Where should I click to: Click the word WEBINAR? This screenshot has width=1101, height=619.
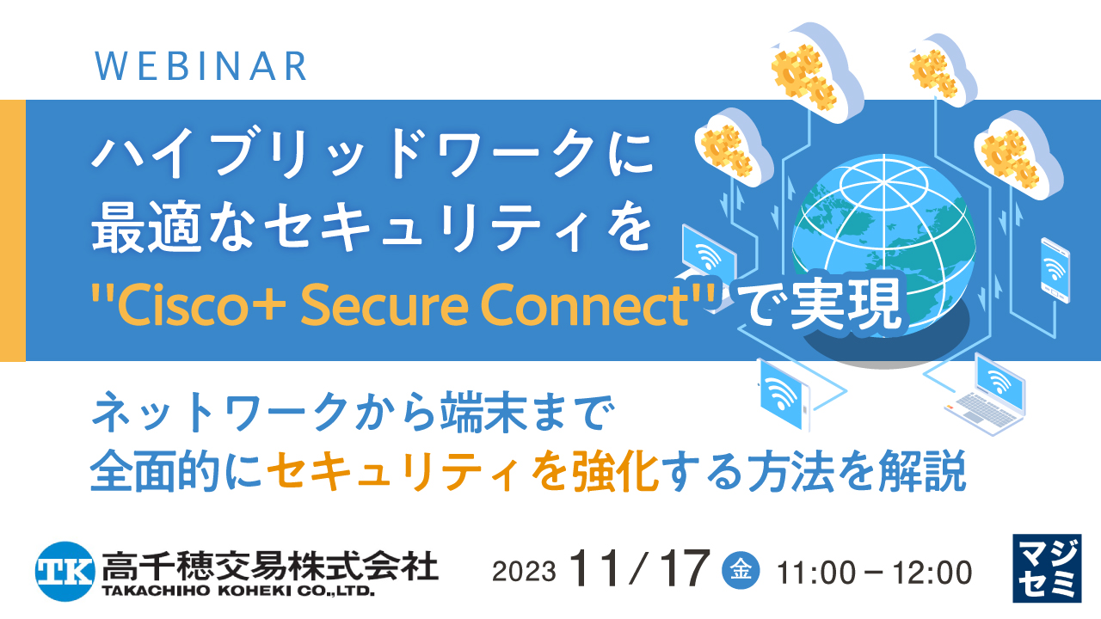[200, 66]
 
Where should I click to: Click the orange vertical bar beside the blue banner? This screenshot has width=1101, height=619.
[12, 230]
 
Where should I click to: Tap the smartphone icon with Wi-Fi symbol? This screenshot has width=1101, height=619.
[1054, 271]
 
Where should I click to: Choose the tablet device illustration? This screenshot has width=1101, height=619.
[784, 395]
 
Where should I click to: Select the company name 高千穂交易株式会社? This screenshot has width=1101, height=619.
[269, 565]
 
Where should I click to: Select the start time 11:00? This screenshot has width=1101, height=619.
[815, 571]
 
